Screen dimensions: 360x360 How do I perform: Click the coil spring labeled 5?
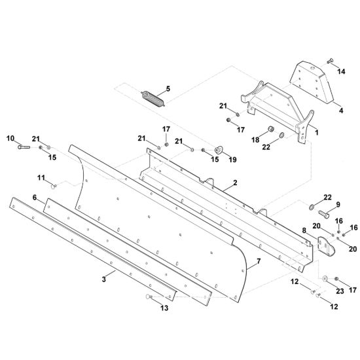(x=153, y=99)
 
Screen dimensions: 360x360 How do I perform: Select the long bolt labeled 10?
(x=24, y=147)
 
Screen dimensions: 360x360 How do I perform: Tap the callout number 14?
(x=341, y=71)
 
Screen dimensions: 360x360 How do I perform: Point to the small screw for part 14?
(x=330, y=62)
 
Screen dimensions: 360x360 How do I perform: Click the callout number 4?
(x=341, y=111)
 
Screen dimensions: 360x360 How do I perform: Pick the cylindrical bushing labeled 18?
(x=272, y=129)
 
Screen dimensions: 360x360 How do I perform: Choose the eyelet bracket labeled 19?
(x=218, y=150)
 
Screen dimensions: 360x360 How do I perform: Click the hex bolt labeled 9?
(x=324, y=214)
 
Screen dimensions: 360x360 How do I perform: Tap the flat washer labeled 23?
(x=325, y=278)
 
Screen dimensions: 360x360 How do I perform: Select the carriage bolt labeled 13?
(x=149, y=297)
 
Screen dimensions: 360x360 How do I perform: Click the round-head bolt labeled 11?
(x=54, y=186)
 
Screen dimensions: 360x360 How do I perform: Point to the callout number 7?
(x=259, y=261)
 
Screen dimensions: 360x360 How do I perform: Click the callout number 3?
(x=104, y=279)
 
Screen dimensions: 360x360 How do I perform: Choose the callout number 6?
(x=35, y=197)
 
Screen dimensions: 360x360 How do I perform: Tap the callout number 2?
(x=235, y=183)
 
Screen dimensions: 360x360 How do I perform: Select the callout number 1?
(x=317, y=132)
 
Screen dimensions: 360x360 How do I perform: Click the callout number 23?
(x=340, y=291)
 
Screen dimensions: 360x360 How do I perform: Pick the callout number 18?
(x=255, y=139)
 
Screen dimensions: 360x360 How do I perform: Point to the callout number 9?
(x=338, y=204)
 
